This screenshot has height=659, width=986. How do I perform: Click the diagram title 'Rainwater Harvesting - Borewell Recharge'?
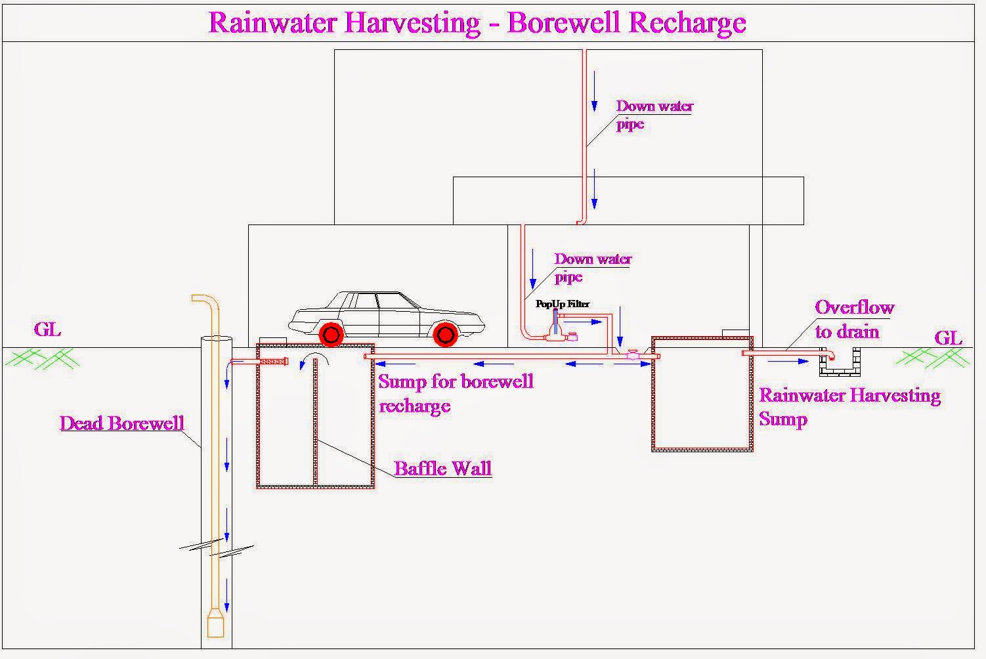[x=477, y=22]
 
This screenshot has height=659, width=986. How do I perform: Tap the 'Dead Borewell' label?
[x=121, y=423]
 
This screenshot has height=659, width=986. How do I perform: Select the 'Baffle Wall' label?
[x=442, y=468]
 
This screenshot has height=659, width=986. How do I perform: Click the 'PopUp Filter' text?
[x=563, y=304]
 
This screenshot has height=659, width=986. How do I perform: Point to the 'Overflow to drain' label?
[x=853, y=319]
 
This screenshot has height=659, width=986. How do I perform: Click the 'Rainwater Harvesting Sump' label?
[x=849, y=407]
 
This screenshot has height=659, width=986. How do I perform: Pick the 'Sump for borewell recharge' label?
[x=455, y=393]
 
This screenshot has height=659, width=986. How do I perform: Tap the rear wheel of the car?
[x=331, y=335]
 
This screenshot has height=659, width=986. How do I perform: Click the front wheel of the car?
[x=446, y=335]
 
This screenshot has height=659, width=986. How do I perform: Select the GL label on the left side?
[x=47, y=329]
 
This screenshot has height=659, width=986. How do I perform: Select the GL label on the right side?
[x=948, y=338]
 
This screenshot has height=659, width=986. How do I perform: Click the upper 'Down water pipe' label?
[x=654, y=115]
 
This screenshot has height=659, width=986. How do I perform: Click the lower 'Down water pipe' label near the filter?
[x=592, y=268]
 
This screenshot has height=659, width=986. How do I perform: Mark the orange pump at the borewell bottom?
[x=215, y=624]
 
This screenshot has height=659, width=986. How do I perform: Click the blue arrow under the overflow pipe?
[x=788, y=361]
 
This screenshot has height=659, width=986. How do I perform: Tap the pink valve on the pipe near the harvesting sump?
[x=633, y=355]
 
